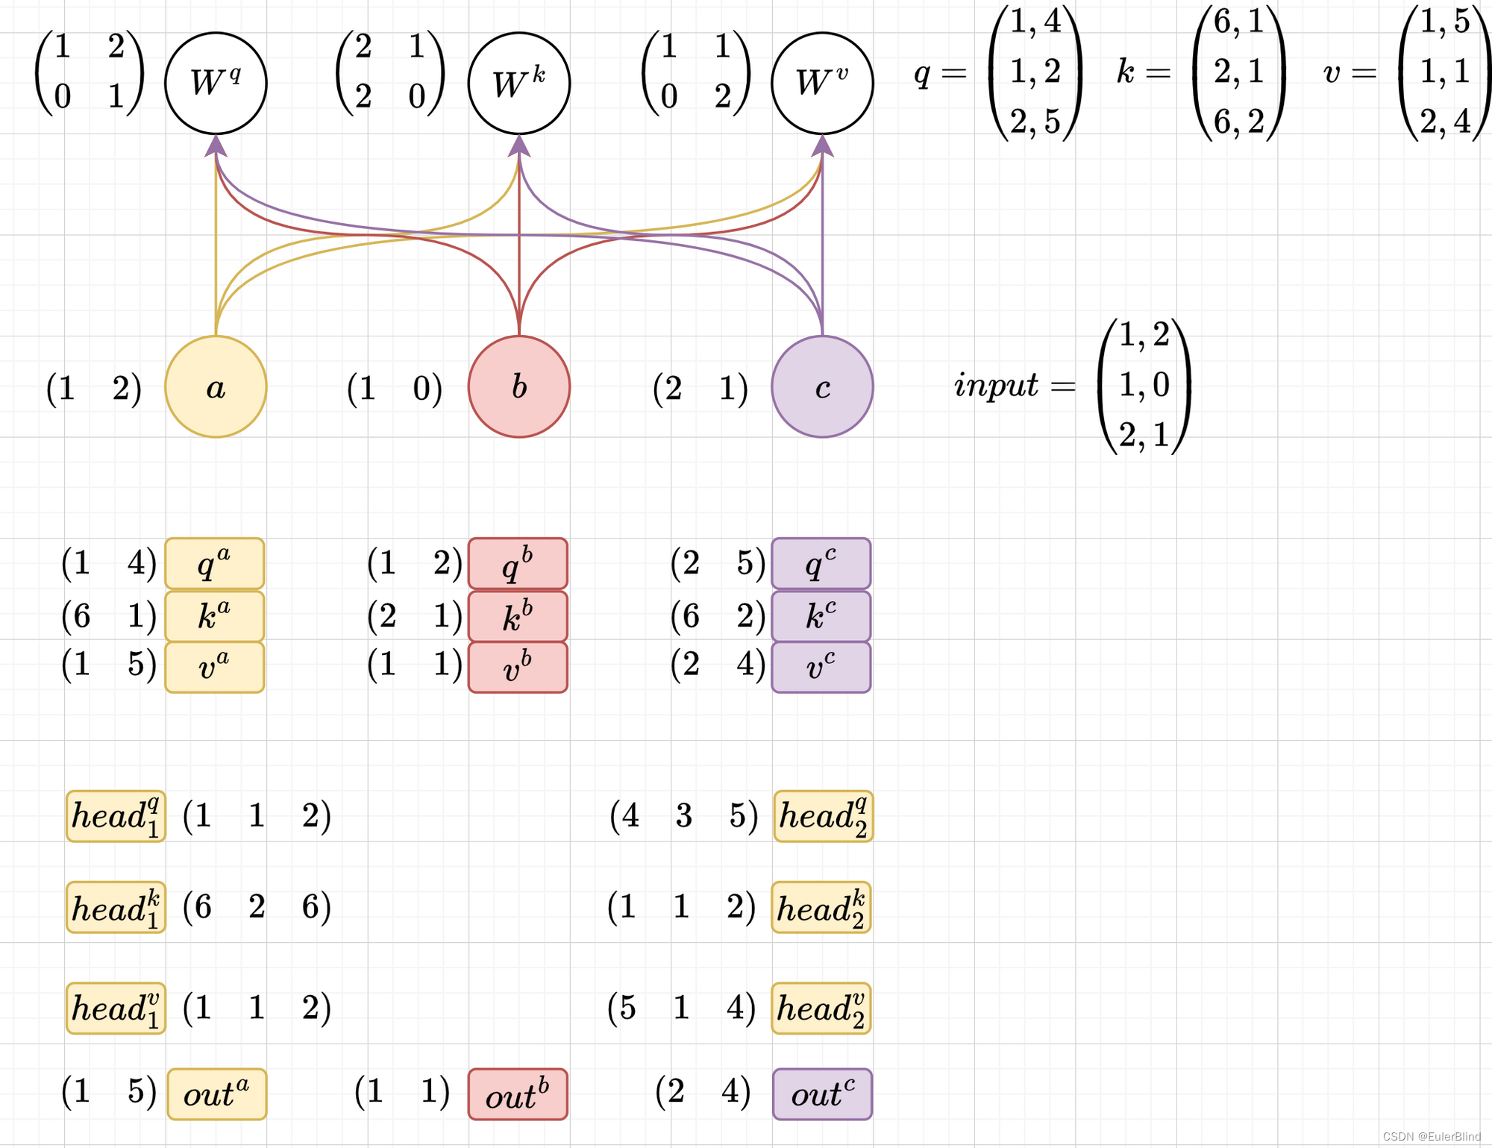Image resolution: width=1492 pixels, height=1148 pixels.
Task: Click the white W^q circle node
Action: tap(216, 84)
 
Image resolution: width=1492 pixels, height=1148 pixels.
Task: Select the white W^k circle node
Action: tap(519, 84)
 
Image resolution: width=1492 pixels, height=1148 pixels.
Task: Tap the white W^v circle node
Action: tap(822, 84)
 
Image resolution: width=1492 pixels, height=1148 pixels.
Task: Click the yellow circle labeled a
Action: tap(216, 386)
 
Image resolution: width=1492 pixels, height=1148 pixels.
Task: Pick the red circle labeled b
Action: tap(519, 386)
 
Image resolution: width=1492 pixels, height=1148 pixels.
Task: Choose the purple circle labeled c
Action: tap(822, 386)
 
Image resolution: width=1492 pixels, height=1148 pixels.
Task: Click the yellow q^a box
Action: tap(215, 564)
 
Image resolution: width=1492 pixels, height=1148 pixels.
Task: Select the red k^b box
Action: tap(518, 617)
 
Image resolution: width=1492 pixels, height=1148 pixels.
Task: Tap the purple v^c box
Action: tap(821, 667)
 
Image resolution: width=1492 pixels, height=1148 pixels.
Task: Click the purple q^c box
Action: tap(821, 564)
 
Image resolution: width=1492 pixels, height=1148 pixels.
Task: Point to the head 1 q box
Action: tap(116, 816)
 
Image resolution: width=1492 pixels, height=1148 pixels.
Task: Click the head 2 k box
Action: tap(821, 908)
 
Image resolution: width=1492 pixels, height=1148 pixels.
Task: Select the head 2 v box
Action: tap(821, 1009)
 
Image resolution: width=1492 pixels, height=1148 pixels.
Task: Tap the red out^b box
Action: tap(518, 1094)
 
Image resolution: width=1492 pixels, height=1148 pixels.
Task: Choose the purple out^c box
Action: tap(822, 1094)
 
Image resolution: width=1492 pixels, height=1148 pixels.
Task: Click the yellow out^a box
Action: tap(217, 1094)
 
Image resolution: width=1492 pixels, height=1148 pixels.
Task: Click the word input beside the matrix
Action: tap(995, 385)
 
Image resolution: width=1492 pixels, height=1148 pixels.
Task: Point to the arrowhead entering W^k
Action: tap(519, 145)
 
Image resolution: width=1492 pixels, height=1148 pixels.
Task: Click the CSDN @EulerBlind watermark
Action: tap(1431, 1136)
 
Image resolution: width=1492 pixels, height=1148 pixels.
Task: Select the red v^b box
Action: tap(518, 667)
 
